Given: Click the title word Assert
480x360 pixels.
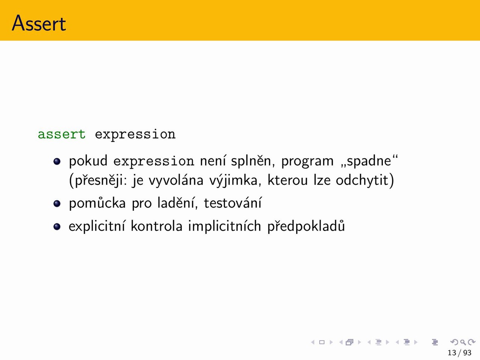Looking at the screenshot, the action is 39,23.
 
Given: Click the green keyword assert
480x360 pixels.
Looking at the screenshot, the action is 61,134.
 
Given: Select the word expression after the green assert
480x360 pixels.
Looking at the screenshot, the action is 135,135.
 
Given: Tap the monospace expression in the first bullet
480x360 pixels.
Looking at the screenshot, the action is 154,162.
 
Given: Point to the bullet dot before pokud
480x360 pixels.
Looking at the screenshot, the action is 57,161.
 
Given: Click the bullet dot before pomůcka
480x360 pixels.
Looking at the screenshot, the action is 57,204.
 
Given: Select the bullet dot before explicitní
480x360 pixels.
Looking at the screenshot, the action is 57,226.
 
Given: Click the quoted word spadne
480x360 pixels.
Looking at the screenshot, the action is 369,161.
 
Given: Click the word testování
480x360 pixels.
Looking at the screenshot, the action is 232,203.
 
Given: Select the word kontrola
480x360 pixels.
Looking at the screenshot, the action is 157,226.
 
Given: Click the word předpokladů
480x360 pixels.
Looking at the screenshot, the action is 306,226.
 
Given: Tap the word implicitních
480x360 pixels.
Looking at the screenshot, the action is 225,226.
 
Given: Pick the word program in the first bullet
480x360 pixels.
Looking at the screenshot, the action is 307,162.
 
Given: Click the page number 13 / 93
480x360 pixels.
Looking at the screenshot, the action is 459,353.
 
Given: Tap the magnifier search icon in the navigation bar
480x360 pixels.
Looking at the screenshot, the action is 463,342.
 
